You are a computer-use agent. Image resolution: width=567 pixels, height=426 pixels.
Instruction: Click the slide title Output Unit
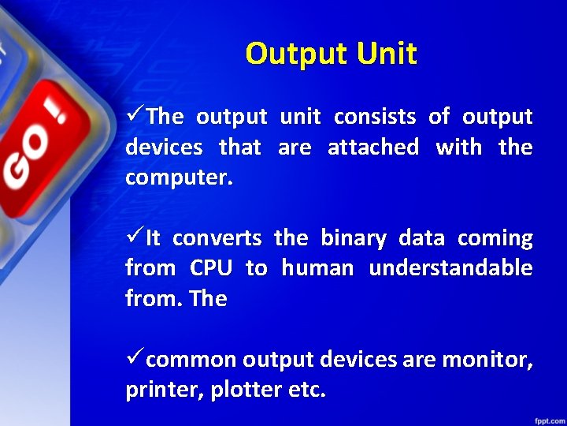pyautogui.click(x=331, y=54)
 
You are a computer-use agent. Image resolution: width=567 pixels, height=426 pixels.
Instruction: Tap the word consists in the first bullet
pyautogui.click(x=375, y=118)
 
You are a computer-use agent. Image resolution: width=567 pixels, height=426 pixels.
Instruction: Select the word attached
pyautogui.click(x=372, y=148)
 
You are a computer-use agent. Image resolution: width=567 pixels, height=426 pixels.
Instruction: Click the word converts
pyautogui.click(x=217, y=238)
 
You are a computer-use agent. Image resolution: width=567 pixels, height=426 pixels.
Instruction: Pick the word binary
pyautogui.click(x=354, y=238)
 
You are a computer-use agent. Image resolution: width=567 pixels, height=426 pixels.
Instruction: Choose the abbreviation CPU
pyautogui.click(x=210, y=268)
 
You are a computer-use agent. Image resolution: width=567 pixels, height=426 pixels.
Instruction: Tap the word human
pyautogui.click(x=317, y=268)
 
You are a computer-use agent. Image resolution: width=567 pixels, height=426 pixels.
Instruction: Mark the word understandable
pyautogui.click(x=450, y=268)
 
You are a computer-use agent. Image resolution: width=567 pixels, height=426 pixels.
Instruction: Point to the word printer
pyautogui.click(x=162, y=390)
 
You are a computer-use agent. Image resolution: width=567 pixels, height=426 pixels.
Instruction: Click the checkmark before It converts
pyautogui.click(x=135, y=237)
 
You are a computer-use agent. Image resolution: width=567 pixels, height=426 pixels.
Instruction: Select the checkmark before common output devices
pyautogui.click(x=135, y=359)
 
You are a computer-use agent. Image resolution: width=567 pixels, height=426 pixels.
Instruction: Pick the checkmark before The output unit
pyautogui.click(x=135, y=117)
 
